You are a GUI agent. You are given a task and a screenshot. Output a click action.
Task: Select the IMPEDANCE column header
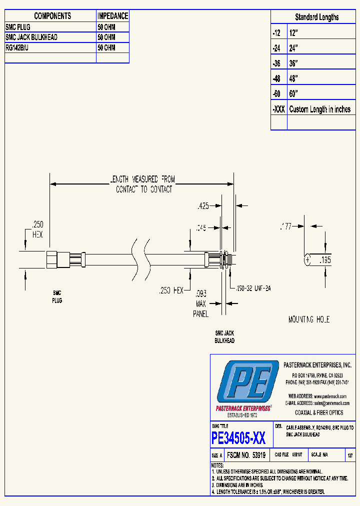coord(112,16)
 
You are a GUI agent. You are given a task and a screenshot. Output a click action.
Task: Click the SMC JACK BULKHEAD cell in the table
coord(31,37)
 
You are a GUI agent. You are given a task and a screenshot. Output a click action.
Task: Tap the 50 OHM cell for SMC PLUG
coord(106,27)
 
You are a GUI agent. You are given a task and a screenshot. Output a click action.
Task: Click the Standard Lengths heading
coord(316,17)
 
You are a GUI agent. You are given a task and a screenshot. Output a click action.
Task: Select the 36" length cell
coord(293,63)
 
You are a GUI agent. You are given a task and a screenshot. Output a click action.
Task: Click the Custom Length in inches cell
coord(319,109)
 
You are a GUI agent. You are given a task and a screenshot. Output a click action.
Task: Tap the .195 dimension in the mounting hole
coord(325,260)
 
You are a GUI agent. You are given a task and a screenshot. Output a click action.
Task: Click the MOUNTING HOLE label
coord(308,319)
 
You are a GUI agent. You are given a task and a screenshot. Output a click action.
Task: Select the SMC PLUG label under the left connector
coord(57,297)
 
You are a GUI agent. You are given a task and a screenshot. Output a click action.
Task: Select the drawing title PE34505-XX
coord(238,438)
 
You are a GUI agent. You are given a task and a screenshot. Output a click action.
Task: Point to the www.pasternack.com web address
coord(329,396)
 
